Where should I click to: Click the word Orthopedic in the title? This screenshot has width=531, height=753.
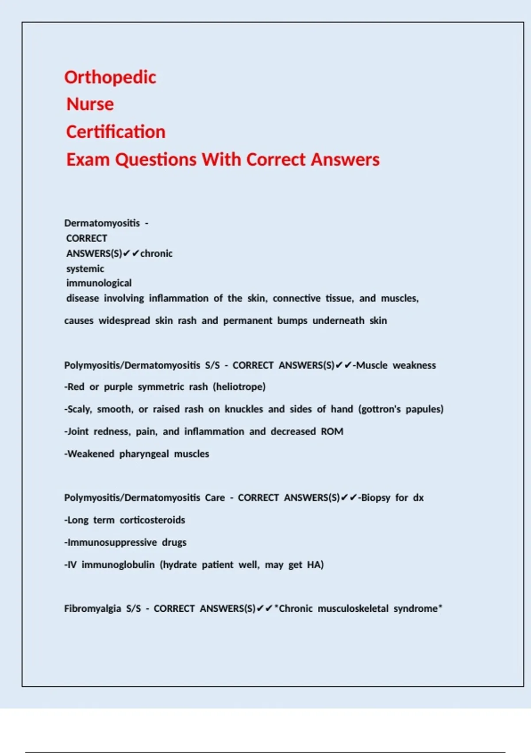point(110,78)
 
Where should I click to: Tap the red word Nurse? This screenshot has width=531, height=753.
point(90,105)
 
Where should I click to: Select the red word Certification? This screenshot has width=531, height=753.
point(116,132)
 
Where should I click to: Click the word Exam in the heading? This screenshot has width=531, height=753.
point(88,159)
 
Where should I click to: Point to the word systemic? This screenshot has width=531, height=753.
point(85,268)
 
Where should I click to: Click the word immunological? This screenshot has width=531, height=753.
point(99,283)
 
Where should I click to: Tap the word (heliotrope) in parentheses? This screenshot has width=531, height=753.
point(239,387)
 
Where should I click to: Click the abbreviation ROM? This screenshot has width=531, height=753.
point(332,431)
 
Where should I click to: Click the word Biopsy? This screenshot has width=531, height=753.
point(376,497)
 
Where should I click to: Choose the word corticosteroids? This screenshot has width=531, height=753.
point(152,520)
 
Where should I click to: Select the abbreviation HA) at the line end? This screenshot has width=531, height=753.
point(315,565)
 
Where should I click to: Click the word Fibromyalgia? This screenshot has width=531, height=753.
point(92,609)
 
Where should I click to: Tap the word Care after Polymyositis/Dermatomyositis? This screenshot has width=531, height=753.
point(215,497)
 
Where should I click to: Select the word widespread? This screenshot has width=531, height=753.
point(124,320)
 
